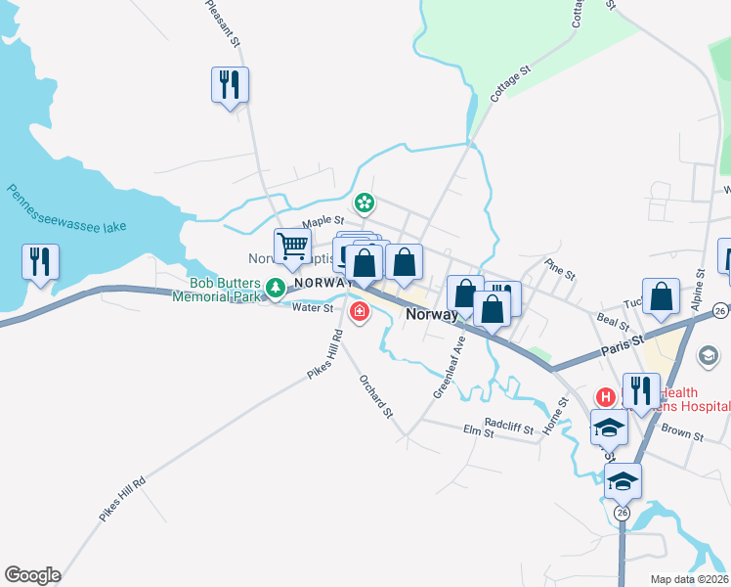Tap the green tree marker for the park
[277, 287]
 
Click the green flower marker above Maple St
[365, 203]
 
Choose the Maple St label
[323, 223]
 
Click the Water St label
[314, 307]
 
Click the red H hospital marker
[605, 397]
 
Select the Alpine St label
[699, 291]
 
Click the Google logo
[32, 575]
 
